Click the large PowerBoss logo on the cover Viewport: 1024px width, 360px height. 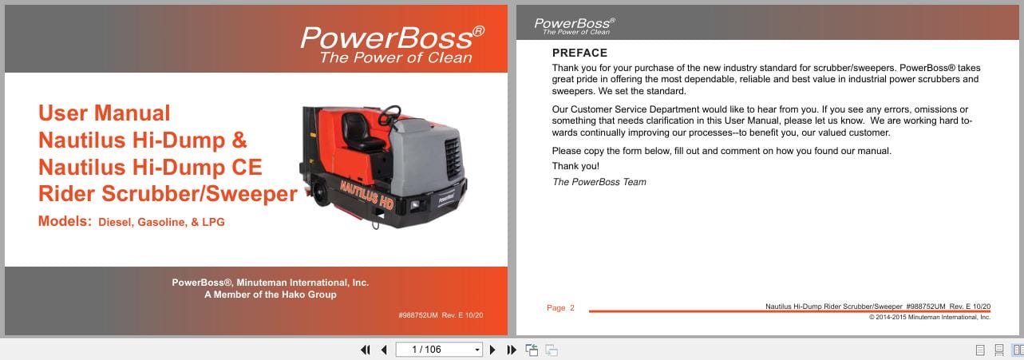click(x=392, y=44)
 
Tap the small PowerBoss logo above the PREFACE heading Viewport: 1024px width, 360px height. click(x=574, y=26)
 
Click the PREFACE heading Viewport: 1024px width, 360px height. click(x=579, y=53)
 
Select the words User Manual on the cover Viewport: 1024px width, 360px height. click(x=105, y=113)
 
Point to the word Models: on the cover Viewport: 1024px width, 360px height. click(x=65, y=221)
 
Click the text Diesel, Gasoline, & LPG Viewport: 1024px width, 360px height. click(x=161, y=223)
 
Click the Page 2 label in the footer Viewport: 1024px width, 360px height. click(x=560, y=308)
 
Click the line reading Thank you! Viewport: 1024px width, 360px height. click(x=575, y=166)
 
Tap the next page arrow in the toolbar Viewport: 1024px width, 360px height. click(x=492, y=350)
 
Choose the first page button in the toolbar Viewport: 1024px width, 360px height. click(x=366, y=350)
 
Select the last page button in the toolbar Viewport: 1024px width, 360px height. click(x=512, y=350)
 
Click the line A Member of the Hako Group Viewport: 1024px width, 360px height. click(x=271, y=295)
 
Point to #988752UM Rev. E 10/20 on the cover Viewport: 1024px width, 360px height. click(x=440, y=315)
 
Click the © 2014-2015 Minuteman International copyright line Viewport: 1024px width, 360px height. click(x=929, y=317)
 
